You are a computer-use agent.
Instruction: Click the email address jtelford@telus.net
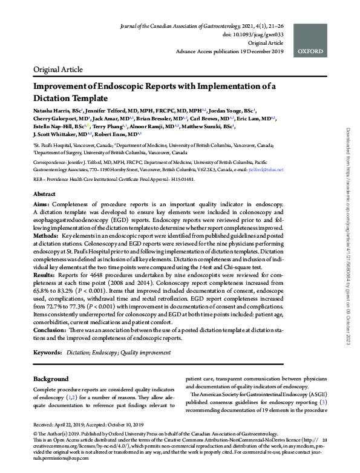click(x=266, y=171)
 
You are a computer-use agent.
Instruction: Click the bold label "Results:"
click(x=47, y=276)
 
